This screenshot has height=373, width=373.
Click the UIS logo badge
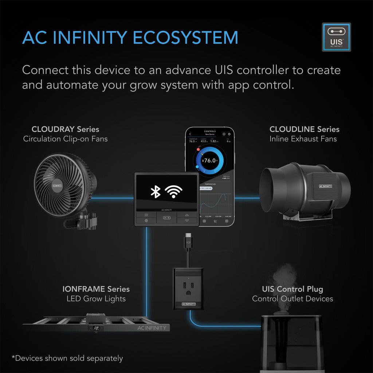click(x=336, y=37)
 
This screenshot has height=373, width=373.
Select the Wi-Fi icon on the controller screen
click(x=174, y=191)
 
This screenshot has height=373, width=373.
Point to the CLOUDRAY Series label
click(x=65, y=129)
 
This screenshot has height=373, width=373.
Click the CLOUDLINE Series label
click(x=304, y=129)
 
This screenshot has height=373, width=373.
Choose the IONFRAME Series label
click(x=96, y=289)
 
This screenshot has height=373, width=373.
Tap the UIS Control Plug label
click(x=292, y=289)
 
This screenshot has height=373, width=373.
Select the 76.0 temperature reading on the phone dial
click(x=210, y=160)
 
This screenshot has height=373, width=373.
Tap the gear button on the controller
click(x=146, y=220)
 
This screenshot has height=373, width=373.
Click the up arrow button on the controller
click(x=187, y=215)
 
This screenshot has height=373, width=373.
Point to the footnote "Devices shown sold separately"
click(x=67, y=358)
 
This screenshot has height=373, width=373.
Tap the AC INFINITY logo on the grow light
click(x=152, y=328)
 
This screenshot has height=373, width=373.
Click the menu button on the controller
click(x=146, y=215)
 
